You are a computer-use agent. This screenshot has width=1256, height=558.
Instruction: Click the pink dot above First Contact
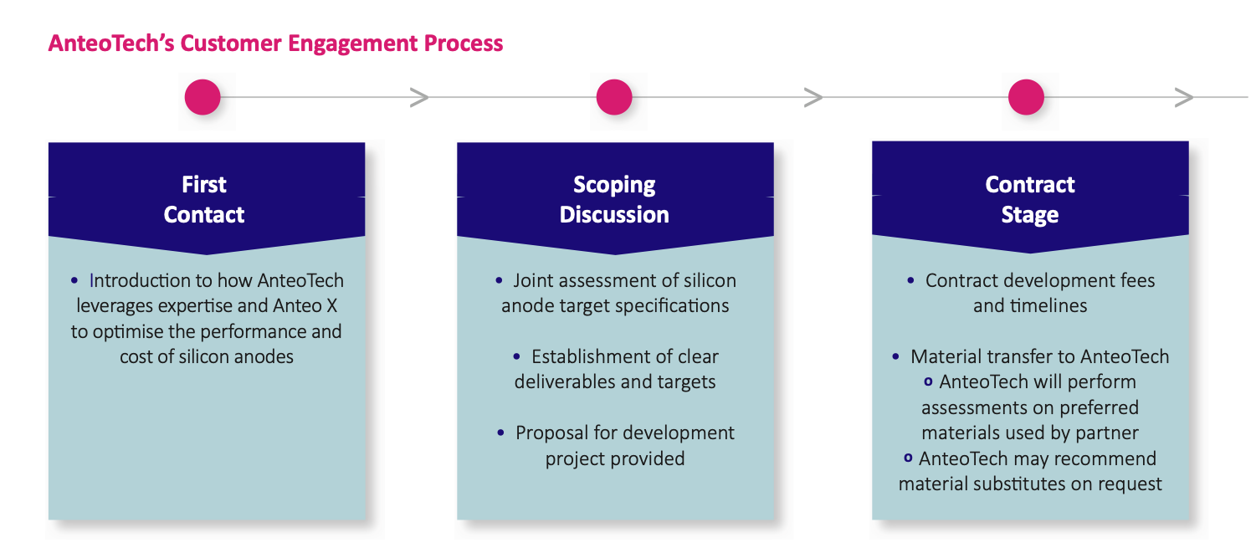coord(202,97)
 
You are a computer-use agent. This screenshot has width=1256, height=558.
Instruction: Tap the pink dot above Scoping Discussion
coord(614,97)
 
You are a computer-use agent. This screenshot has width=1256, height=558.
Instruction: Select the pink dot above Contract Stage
coord(1026,97)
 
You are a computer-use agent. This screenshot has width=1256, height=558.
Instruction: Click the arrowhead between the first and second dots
coord(419,97)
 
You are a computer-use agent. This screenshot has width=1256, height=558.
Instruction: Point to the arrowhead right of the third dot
coord(1184,97)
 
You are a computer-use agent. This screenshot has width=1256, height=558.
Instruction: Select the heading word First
coord(204,185)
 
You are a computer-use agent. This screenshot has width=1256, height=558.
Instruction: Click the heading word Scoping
coord(614,185)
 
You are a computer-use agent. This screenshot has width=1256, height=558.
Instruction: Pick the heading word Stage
coord(1030,215)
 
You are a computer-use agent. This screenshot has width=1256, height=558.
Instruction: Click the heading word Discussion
coord(614,215)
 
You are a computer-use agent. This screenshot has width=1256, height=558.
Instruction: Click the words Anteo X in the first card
coord(305,305)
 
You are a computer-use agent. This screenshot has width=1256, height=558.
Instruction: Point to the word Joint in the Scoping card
coord(533,280)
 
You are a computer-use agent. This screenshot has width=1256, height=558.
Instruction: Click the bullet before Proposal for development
coord(500,433)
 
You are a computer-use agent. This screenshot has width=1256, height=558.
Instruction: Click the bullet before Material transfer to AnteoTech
coord(895,356)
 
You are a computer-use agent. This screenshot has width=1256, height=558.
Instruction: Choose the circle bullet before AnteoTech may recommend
coord(908,458)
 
